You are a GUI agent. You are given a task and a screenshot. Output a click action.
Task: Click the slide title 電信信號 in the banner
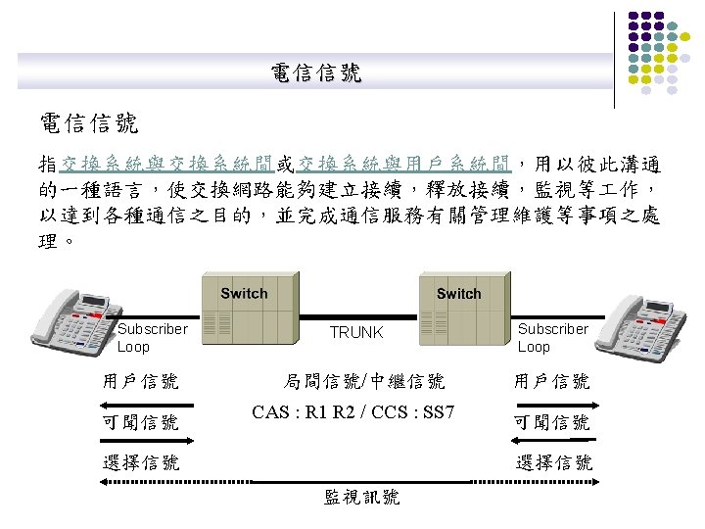coord(316,72)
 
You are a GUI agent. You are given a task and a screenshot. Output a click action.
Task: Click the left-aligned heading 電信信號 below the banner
coord(89,123)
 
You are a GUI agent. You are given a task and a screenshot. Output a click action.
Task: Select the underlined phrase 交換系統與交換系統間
coord(166,162)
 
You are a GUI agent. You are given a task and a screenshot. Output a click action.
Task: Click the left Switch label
coord(244,293)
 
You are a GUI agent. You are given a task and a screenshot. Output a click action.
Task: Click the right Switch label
coord(458,293)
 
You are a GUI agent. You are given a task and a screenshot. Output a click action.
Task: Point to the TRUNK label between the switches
coord(356,333)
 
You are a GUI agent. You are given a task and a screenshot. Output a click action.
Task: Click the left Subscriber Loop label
coord(152,338)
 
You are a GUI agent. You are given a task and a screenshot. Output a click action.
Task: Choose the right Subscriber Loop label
coord(552,338)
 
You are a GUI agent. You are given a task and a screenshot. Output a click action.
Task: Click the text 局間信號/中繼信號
coord(364,381)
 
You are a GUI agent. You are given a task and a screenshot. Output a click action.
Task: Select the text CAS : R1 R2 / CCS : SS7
coord(352,411)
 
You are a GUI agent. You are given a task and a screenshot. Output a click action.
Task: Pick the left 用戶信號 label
coord(141,381)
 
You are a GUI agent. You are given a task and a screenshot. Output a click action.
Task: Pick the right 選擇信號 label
coord(554,462)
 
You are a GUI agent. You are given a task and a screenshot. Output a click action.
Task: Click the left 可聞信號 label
coord(141,422)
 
